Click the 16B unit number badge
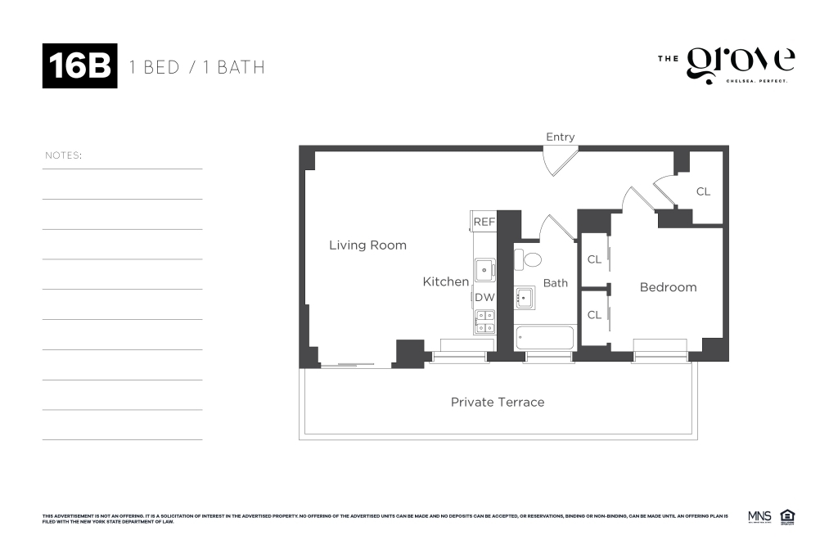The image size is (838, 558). click(79, 65)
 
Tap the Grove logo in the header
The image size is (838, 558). click(740, 64)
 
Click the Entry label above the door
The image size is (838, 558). click(561, 137)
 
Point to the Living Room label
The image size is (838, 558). click(367, 245)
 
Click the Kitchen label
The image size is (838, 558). click(445, 281)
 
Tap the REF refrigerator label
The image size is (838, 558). click(484, 221)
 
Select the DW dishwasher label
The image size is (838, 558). click(484, 297)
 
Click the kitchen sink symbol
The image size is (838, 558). click(484, 268)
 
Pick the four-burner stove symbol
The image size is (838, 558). click(484, 322)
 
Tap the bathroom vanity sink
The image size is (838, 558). click(525, 298)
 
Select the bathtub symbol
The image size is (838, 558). click(545, 337)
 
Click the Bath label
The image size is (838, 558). click(556, 283)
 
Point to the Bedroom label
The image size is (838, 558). click(668, 287)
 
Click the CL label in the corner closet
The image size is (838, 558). click(703, 192)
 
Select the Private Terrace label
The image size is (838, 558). click(498, 402)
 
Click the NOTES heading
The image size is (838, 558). click(63, 155)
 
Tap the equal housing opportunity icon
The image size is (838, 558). click(788, 516)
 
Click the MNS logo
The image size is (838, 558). click(759, 516)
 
